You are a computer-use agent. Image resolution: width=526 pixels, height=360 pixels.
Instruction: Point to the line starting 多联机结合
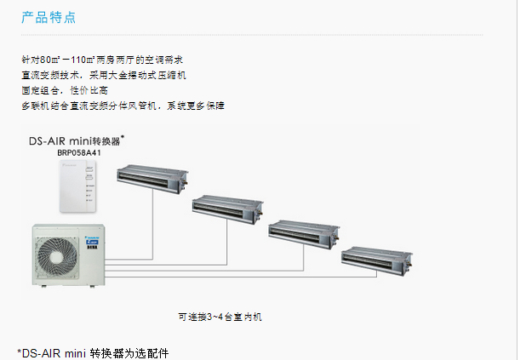point(123,105)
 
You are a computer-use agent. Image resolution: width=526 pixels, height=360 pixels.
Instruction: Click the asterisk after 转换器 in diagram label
point(123,135)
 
